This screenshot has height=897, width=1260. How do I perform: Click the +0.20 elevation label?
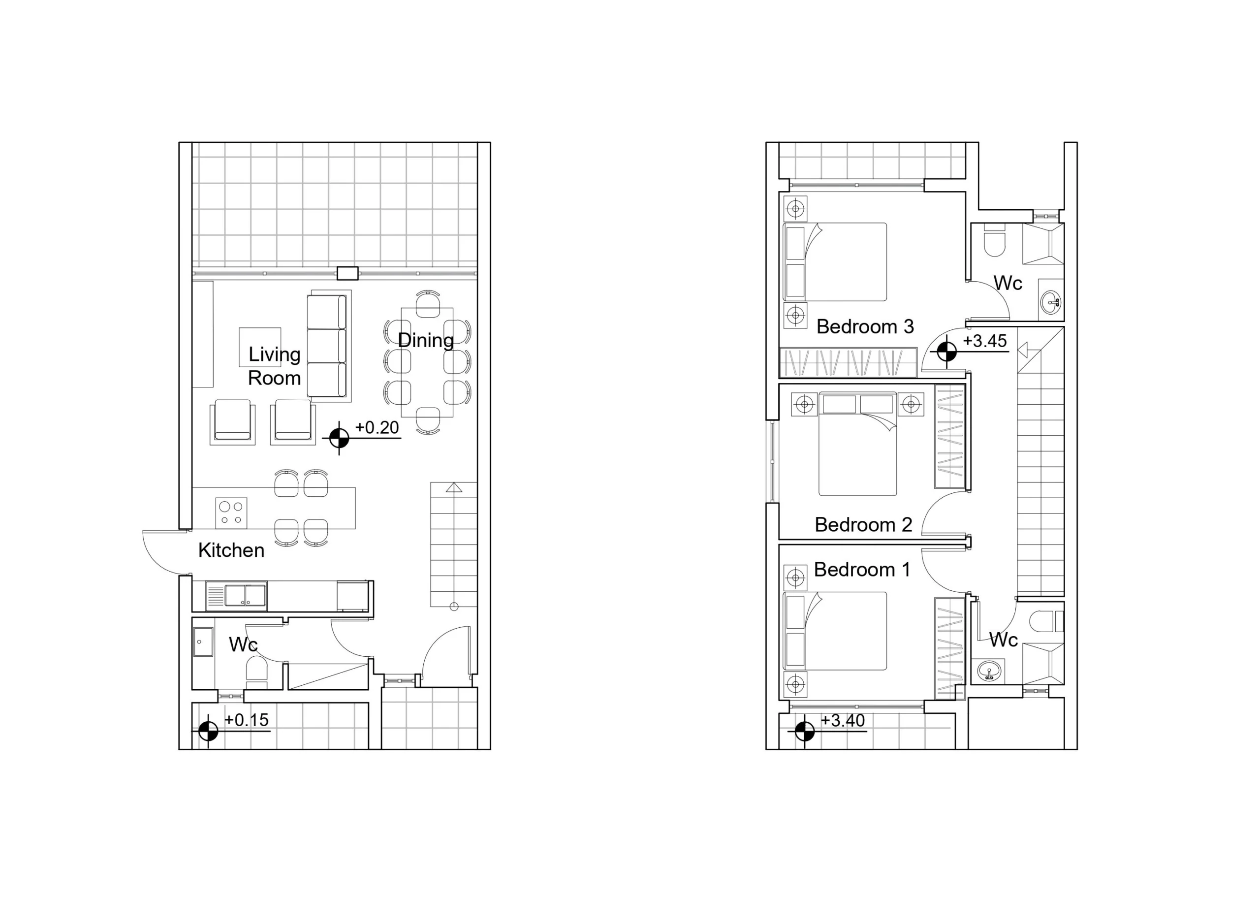[377, 427]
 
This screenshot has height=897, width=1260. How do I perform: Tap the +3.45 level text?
[985, 341]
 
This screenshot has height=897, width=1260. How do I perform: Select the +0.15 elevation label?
[247, 720]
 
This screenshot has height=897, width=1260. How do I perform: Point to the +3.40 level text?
[843, 720]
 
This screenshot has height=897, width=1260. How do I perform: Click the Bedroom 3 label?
[865, 326]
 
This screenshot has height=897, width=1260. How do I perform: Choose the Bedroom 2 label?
[864, 524]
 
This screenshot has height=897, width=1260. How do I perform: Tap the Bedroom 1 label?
[862, 570]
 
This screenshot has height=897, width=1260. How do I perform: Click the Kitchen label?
[231, 550]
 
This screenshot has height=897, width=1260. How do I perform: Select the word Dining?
[426, 341]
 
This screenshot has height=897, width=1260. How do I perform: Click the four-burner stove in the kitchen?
[231, 513]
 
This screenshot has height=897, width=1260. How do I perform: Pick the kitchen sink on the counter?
[236, 596]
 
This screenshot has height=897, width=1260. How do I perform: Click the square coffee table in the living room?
[259, 347]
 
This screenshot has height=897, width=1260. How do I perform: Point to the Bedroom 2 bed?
[857, 444]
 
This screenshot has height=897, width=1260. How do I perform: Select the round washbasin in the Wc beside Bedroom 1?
[989, 671]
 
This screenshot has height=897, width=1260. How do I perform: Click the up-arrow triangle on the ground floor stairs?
[454, 487]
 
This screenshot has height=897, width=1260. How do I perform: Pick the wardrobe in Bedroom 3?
[848, 362]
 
